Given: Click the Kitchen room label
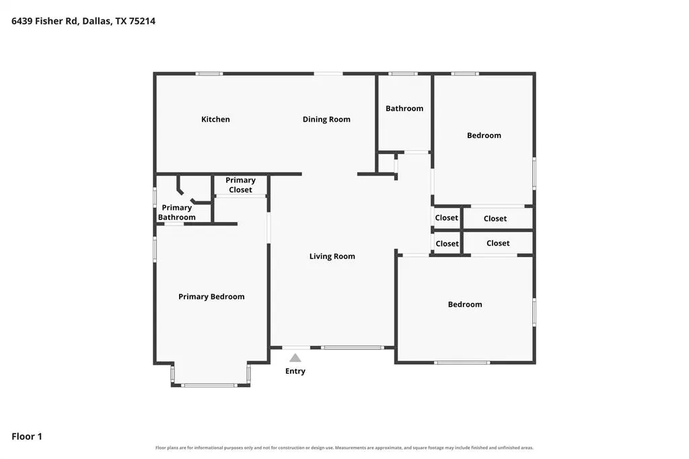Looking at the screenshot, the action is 215,119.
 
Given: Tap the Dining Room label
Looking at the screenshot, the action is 326,119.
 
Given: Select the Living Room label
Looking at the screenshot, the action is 332,256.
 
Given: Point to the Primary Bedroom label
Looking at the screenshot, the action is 211,297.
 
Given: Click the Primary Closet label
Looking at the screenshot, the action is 240,185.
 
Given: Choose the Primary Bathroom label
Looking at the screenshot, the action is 177,213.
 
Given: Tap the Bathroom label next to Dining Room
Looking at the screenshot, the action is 404,108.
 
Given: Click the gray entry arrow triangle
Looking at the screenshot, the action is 295,358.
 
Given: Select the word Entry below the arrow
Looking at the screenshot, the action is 295,371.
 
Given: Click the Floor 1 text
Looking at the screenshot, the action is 27,437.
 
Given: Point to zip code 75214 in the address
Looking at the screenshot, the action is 142,21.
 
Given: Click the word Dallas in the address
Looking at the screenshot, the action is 96,21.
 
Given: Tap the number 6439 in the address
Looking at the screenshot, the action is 22,21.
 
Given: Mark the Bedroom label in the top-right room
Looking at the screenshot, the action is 484,135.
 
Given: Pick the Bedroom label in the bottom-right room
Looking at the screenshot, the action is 465,304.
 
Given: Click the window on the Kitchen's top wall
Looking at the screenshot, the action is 209,74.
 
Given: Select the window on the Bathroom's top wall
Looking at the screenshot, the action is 403,74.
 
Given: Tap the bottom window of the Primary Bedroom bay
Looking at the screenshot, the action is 210,386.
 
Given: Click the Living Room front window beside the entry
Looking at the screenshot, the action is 353,348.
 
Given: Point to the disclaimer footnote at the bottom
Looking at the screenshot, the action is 344,448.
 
